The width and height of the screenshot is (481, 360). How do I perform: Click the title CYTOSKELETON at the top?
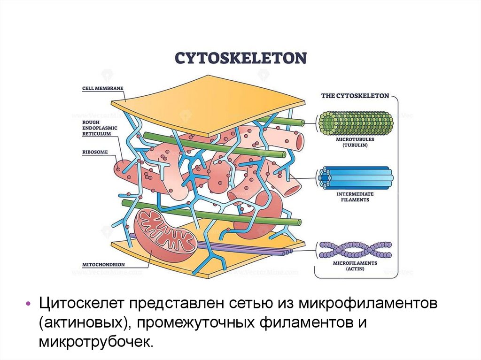coord(240,58)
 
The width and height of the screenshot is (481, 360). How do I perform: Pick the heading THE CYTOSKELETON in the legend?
coord(355,96)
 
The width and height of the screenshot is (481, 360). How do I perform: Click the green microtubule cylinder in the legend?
coord(356,123)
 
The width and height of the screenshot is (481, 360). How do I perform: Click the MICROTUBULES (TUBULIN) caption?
coord(355,142)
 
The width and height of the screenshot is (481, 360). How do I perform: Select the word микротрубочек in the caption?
coord(96,341)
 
